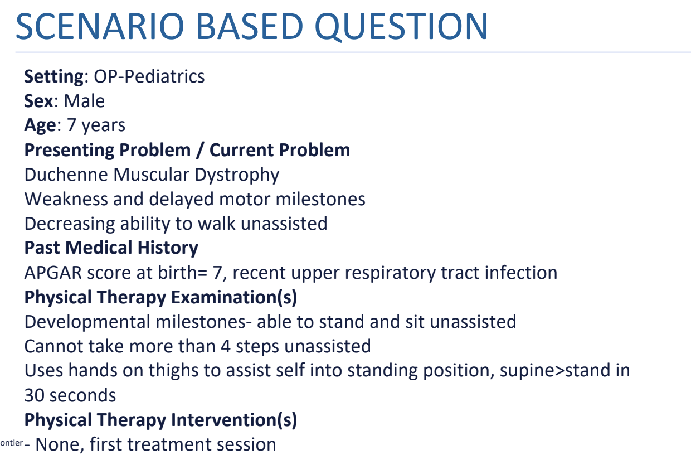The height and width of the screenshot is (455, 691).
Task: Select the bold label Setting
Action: click(x=53, y=76)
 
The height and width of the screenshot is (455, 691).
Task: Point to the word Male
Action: click(x=84, y=101)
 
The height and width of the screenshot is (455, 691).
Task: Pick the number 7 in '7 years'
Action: click(x=71, y=125)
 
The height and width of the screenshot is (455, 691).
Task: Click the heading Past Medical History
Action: click(x=111, y=248)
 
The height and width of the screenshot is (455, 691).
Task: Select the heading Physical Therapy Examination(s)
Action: click(x=160, y=297)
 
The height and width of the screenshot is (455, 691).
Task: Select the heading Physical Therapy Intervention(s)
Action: click(x=160, y=420)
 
